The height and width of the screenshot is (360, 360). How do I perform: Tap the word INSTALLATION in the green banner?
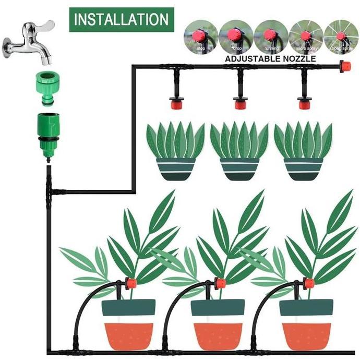tap(121, 20)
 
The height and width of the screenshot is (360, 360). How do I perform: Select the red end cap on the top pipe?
tap(344, 67)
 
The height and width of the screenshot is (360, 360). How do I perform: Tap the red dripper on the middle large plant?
tap(220, 284)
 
